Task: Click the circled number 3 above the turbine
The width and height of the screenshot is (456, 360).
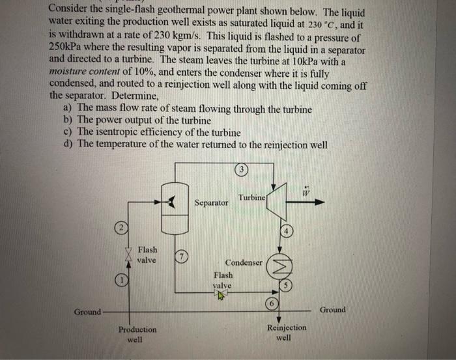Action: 242,171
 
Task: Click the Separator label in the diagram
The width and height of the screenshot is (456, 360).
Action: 212,203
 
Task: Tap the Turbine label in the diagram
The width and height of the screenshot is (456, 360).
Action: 251,197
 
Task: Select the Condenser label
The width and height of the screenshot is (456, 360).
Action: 244,263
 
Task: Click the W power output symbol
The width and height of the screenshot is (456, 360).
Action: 305,190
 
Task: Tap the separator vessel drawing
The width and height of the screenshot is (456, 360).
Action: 174,208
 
